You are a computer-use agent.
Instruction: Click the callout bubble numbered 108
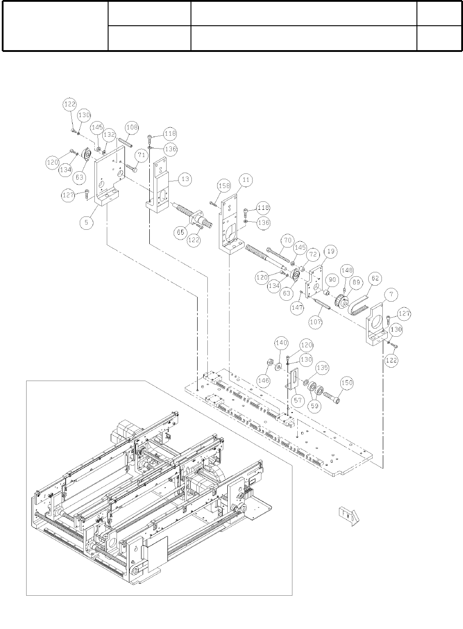[132, 128]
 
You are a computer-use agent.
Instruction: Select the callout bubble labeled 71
[141, 155]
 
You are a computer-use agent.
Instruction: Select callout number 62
[375, 279]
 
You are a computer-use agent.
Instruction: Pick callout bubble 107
[315, 322]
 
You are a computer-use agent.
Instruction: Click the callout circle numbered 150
[347, 382]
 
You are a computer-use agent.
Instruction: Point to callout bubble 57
[298, 401]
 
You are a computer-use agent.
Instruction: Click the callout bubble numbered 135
[322, 368]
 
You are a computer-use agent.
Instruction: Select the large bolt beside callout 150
[332, 397]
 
